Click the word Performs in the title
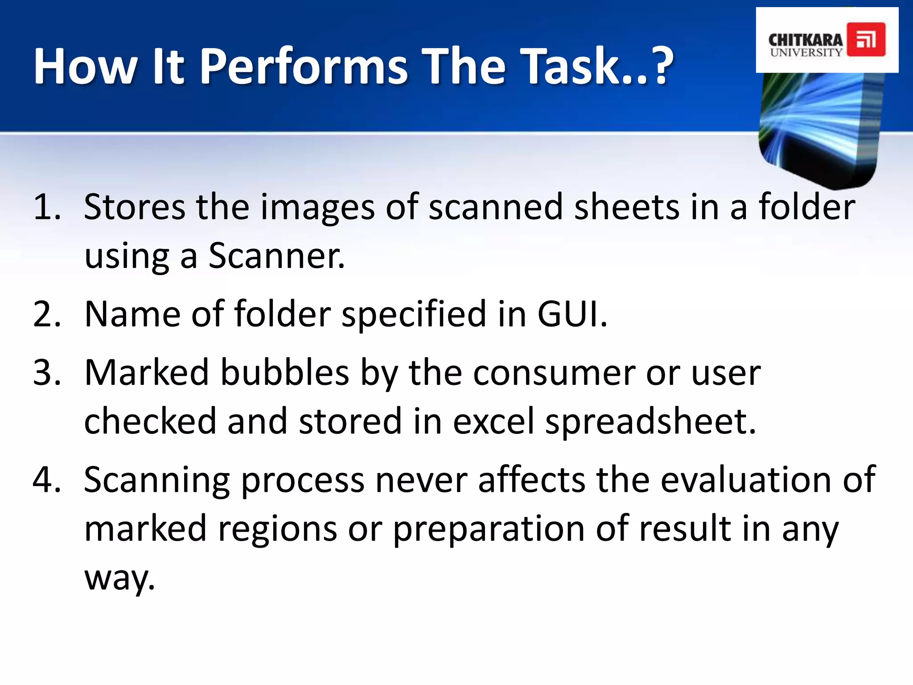(303, 67)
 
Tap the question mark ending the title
(656, 67)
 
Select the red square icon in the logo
(866, 40)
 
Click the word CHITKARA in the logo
(805, 39)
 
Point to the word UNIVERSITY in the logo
(806, 52)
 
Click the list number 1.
(46, 207)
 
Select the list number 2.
(46, 314)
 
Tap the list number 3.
(46, 373)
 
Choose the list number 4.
(46, 480)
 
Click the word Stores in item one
(134, 207)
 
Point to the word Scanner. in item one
(276, 256)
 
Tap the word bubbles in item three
(285, 373)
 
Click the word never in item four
(421, 480)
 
